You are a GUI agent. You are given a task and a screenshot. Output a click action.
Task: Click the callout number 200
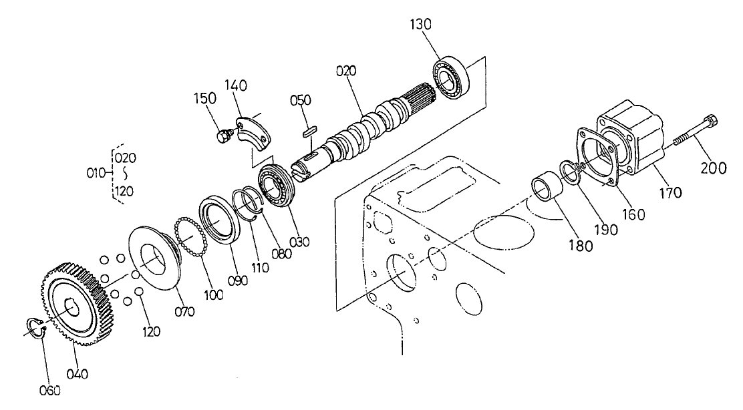(x=714, y=168)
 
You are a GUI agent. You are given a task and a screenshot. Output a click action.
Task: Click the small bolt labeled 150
(x=222, y=136)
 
